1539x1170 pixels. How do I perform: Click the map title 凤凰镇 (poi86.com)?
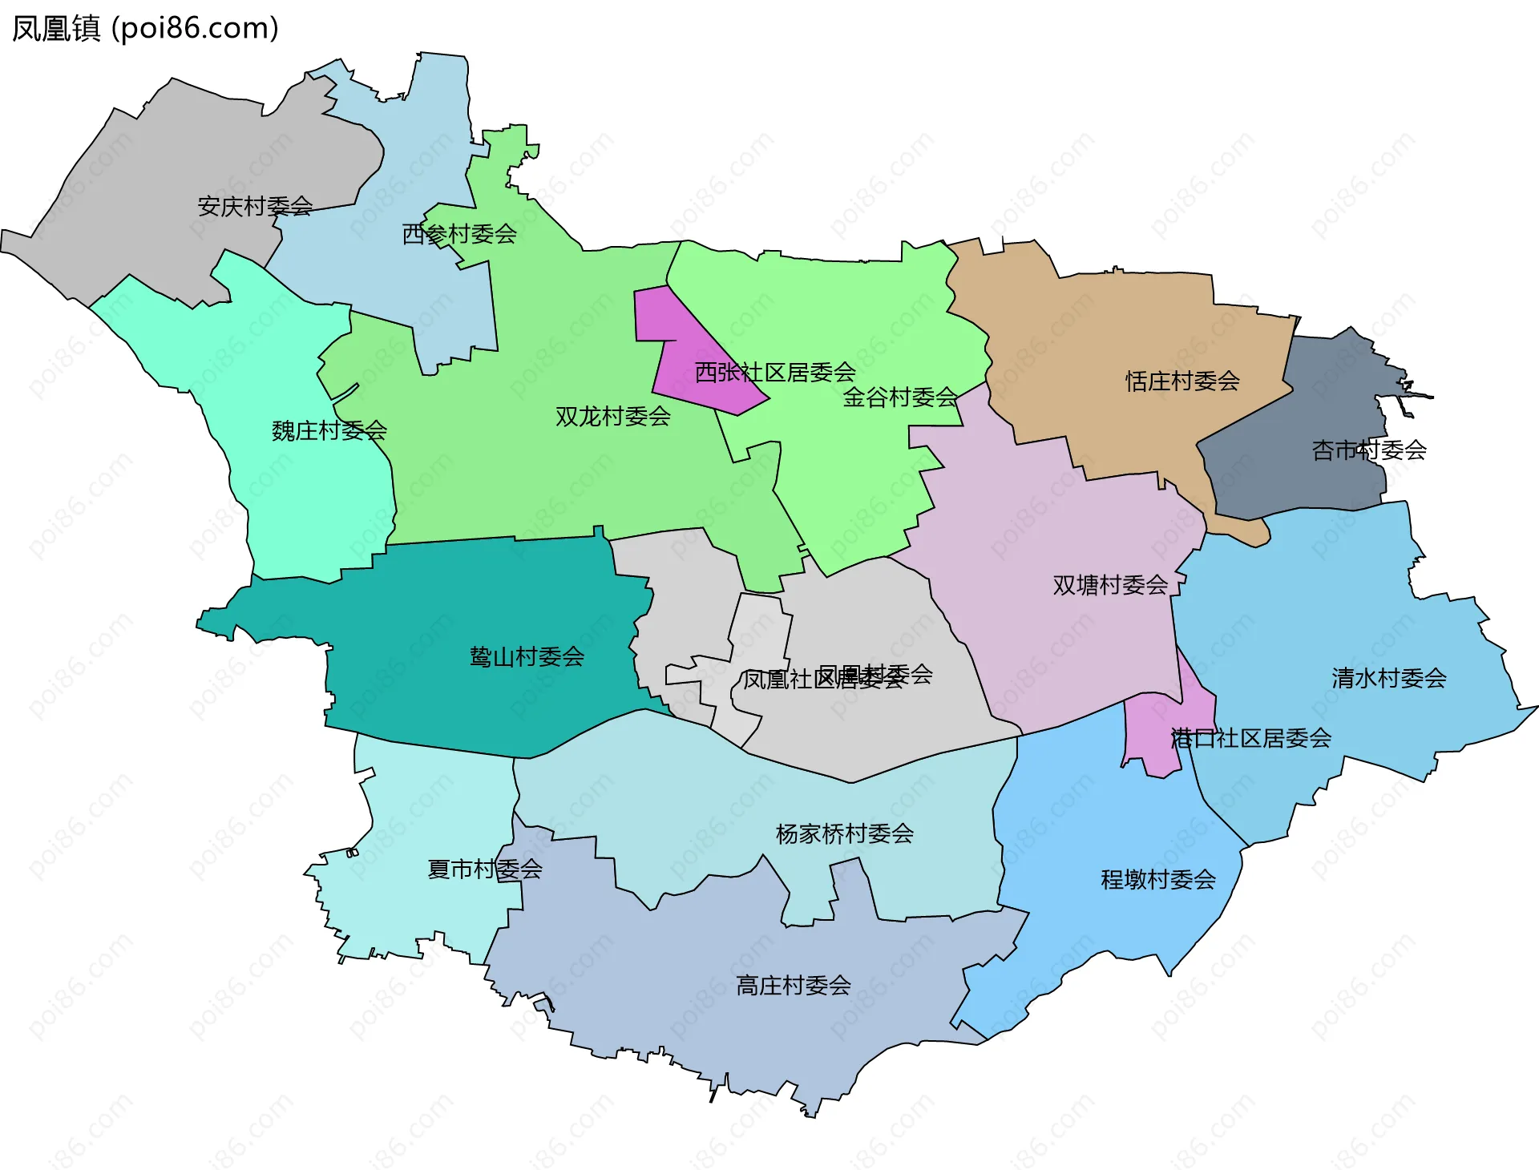pyautogui.click(x=145, y=29)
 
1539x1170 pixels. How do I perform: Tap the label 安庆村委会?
pyautogui.click(x=255, y=207)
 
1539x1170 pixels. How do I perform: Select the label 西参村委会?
pyautogui.click(x=459, y=235)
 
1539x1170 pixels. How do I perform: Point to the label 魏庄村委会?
pyautogui.click(x=329, y=431)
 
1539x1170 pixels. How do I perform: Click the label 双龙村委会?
pyautogui.click(x=613, y=417)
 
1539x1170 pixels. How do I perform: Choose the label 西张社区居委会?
pyautogui.click(x=775, y=373)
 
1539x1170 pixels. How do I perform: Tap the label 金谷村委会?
pyautogui.click(x=900, y=397)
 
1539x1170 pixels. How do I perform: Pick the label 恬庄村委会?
pyautogui.click(x=1182, y=381)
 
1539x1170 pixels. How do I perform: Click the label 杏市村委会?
pyautogui.click(x=1369, y=450)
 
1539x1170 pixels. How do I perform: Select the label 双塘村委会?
pyautogui.click(x=1110, y=585)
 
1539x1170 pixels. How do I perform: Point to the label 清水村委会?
pyautogui.click(x=1389, y=679)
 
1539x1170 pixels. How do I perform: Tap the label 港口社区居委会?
pyautogui.click(x=1251, y=739)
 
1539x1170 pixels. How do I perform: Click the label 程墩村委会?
pyautogui.click(x=1158, y=880)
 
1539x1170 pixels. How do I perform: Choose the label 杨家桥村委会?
pyautogui.click(x=845, y=834)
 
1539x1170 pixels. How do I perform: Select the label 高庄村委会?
pyautogui.click(x=794, y=986)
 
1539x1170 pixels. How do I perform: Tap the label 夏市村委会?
pyautogui.click(x=485, y=869)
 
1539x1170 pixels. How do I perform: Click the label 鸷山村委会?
pyautogui.click(x=527, y=658)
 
